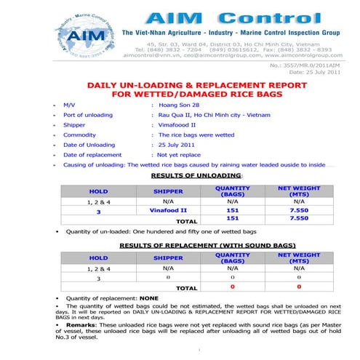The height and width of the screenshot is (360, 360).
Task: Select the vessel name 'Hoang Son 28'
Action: tap(180, 105)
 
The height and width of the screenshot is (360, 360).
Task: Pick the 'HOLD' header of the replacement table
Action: tap(97, 257)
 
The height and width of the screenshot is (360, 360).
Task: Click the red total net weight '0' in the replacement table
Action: tap(299, 288)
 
